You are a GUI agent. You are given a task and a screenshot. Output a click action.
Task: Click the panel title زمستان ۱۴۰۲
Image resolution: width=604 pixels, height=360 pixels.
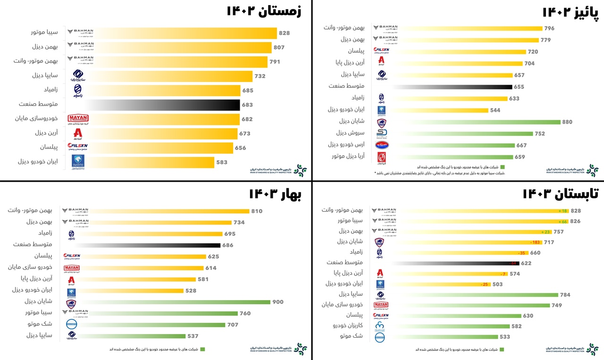264,11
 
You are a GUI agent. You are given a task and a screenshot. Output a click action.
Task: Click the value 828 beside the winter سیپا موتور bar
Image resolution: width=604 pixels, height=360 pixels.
284,33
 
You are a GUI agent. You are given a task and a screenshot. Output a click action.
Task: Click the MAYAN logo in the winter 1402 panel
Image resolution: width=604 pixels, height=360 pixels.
78,119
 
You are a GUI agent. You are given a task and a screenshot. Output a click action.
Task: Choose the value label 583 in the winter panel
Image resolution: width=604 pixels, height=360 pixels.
222,162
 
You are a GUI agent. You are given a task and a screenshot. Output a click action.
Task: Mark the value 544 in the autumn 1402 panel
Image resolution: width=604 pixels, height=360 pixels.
495,110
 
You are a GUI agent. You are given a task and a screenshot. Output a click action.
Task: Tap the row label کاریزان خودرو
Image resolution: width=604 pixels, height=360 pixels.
348,326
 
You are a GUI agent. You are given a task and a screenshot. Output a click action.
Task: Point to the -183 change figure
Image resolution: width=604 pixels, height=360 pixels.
548,242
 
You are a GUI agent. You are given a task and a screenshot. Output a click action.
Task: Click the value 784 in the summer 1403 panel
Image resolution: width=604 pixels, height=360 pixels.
565,295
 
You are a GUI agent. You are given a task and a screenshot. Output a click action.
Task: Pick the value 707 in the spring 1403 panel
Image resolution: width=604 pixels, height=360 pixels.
233,325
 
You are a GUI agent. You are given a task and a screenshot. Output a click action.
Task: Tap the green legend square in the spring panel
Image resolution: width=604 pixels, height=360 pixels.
202,350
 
